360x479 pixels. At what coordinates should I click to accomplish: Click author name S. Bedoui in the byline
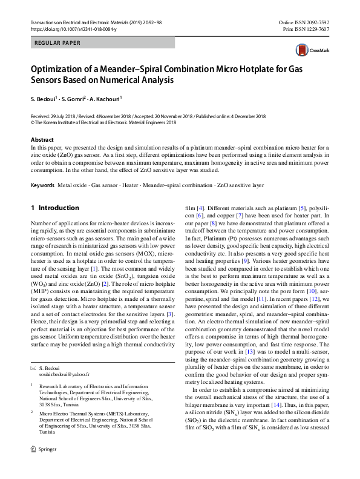[42, 99]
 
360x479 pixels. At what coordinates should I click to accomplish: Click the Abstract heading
[42, 140]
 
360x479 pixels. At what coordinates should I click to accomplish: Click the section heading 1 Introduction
[55, 208]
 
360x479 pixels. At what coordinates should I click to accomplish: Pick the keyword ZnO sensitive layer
[240, 184]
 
